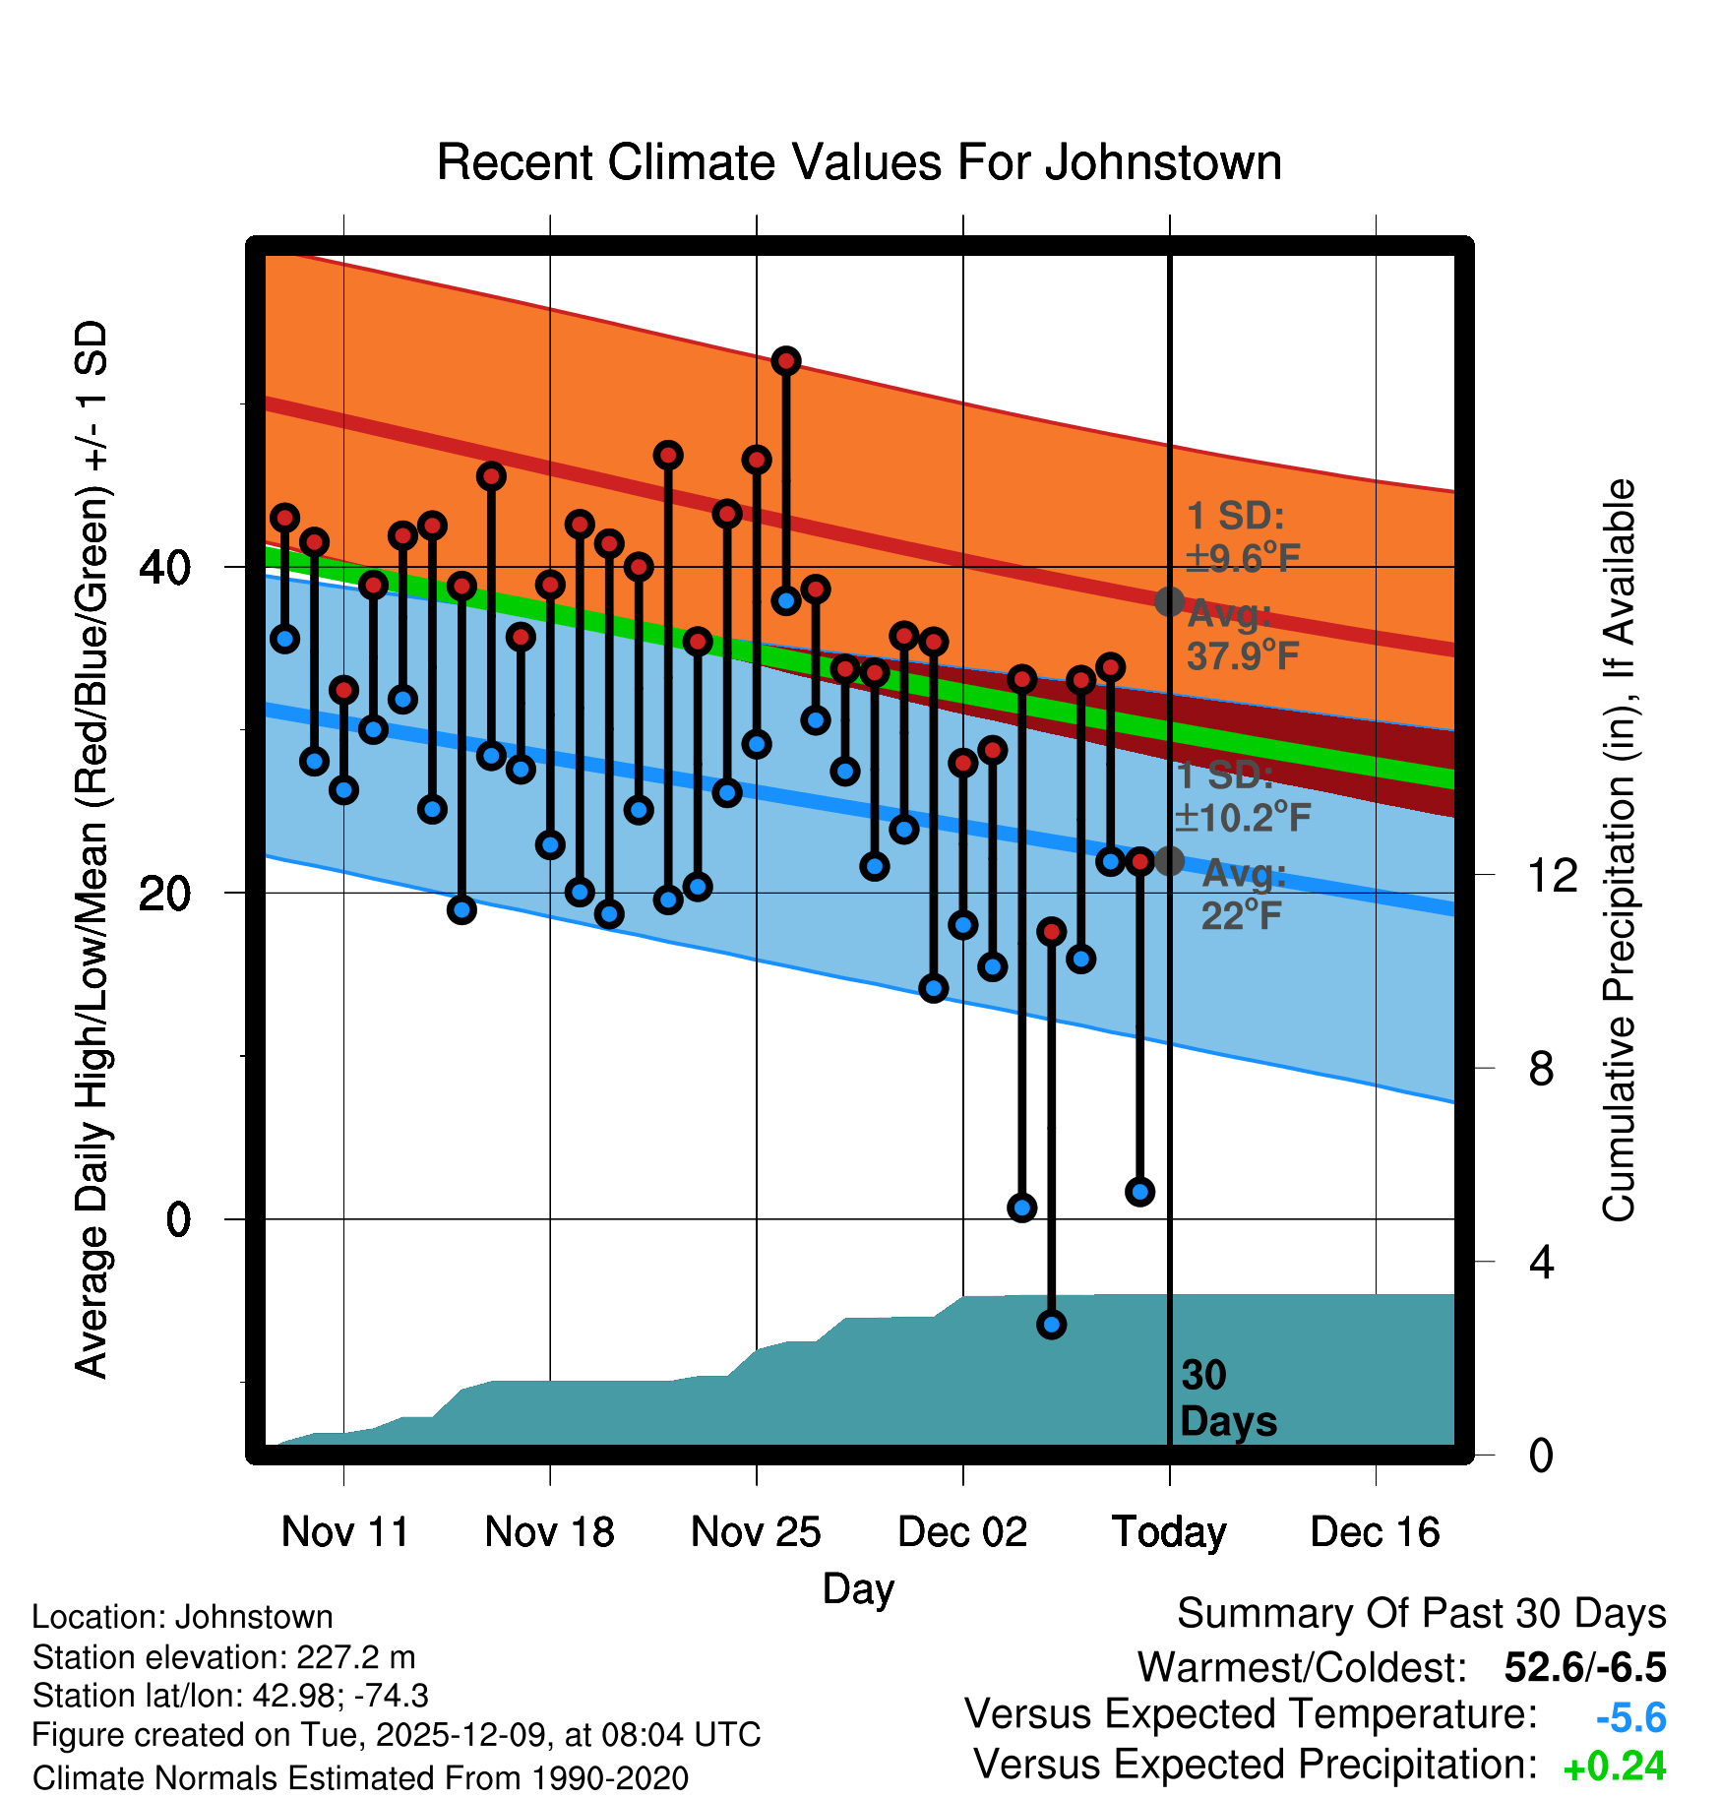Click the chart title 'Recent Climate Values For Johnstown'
point(859,162)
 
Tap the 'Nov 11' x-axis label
point(344,1532)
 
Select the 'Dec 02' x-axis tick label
point(962,1532)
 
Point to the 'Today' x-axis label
point(1169,1532)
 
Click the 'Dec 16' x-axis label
point(1375,1532)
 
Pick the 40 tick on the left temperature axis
point(165,568)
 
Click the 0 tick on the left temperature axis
point(178,1220)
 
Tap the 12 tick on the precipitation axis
point(1553,875)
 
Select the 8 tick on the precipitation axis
point(1541,1069)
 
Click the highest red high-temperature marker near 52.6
point(785,361)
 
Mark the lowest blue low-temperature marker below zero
point(1051,1325)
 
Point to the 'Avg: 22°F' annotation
point(1243,895)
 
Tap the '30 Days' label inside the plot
point(1227,1398)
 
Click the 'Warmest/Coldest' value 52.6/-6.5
point(1584,1668)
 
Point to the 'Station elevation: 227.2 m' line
point(224,1658)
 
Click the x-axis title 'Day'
point(858,1588)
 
